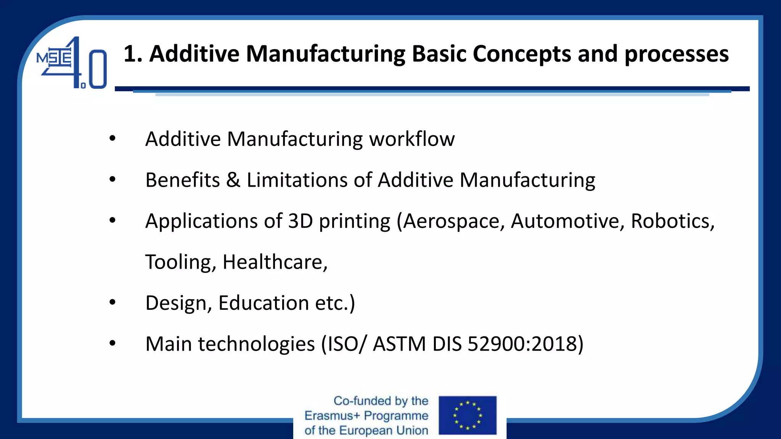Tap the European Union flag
click(x=468, y=415)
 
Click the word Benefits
click(x=183, y=180)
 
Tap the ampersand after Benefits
click(x=233, y=180)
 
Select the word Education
click(x=264, y=303)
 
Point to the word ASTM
click(x=399, y=344)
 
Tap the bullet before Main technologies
click(x=112, y=343)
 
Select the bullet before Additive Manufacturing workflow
click(x=112, y=138)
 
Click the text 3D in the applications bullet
click(x=301, y=221)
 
